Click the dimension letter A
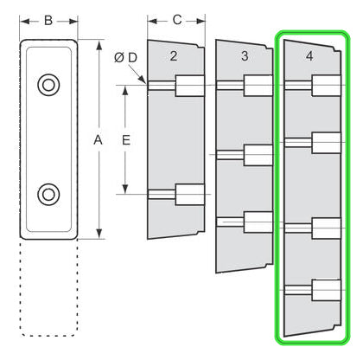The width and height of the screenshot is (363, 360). point(98,140)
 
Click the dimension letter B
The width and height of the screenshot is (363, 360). point(48,21)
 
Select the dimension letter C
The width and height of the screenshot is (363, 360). point(177,20)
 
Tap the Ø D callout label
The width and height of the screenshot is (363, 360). point(125,58)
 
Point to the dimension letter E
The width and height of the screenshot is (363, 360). point(126,140)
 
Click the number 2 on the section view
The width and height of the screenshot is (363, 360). point(173,56)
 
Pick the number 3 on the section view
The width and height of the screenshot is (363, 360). point(245,56)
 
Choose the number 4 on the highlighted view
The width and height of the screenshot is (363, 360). point(309,56)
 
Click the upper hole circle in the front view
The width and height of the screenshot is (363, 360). point(48,85)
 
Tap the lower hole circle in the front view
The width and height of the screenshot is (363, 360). point(48,195)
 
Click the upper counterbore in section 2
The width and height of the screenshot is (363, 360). point(190,86)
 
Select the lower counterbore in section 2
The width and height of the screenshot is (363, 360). point(190,195)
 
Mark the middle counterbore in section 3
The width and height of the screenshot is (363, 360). point(258,155)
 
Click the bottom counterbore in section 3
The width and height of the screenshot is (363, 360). point(258,222)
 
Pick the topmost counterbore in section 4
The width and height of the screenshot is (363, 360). point(327,86)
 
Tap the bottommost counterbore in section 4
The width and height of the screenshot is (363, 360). point(327,290)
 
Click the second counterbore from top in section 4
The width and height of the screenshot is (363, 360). point(327,143)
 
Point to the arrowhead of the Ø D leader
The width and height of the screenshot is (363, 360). point(143,80)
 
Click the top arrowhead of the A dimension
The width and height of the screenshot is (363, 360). point(99,46)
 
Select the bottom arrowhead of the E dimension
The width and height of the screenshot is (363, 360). point(125,189)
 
